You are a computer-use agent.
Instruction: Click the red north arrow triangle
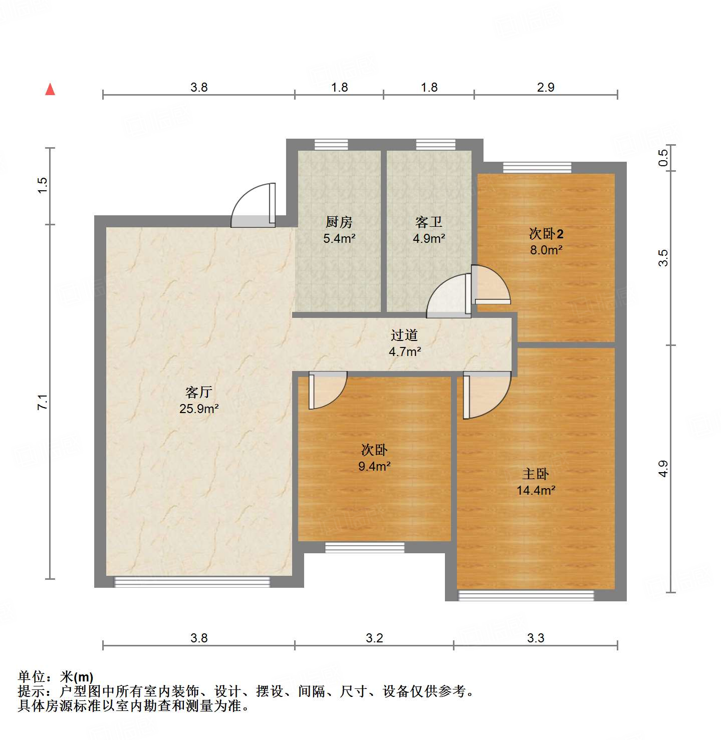[50, 90]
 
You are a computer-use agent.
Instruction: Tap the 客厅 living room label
[199, 392]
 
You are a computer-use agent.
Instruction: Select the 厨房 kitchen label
[339, 222]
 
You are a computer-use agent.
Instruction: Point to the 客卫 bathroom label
[429, 222]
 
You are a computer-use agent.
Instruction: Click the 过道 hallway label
[404, 335]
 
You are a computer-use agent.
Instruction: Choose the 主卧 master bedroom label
[536, 474]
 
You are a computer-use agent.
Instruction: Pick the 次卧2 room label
[546, 234]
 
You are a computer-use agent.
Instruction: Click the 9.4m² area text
[374, 466]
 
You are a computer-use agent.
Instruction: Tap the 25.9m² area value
[199, 409]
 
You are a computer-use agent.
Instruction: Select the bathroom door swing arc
[447, 298]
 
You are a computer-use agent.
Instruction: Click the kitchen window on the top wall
[331, 145]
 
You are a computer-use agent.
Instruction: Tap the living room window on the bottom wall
[192, 582]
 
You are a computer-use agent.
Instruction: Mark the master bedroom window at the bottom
[526, 595]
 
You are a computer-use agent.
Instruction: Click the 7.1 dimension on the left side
[43, 402]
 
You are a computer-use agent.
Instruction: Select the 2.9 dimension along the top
[546, 87]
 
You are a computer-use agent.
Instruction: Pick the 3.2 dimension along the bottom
[374, 638]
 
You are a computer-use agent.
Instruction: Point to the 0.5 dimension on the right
[663, 158]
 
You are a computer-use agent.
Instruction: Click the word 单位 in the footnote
[32, 677]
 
